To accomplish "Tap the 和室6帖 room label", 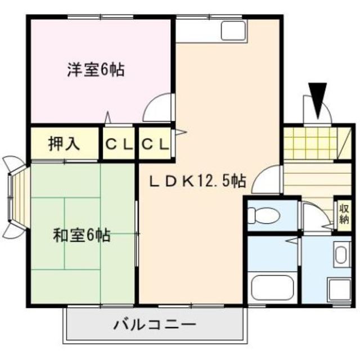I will [x=82, y=235].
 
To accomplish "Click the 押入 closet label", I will [x=64, y=144].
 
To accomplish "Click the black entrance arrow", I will [x=318, y=99].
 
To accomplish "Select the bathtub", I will [x=273, y=286].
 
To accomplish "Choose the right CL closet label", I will [x=154, y=145].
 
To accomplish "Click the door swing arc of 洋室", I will [x=157, y=107].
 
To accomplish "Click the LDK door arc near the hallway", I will [x=267, y=178].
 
